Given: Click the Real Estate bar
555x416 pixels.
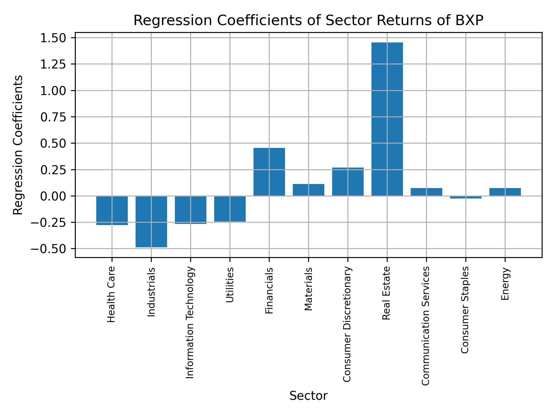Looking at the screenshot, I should (x=387, y=119).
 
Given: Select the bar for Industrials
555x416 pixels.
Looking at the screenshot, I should (x=151, y=222).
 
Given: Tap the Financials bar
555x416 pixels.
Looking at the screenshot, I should (x=269, y=172).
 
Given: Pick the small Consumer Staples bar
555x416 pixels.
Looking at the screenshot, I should (x=466, y=197).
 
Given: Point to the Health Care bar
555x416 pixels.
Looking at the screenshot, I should (x=112, y=210).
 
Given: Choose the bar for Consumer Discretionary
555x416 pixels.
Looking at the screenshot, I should (x=348, y=182).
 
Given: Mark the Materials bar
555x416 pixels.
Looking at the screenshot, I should (x=308, y=190).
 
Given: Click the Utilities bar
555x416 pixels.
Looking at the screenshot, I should (x=230, y=209).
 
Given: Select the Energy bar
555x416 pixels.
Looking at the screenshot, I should (x=505, y=192).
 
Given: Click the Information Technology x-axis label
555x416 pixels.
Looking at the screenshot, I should (x=190, y=322).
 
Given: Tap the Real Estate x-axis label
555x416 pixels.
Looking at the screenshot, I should (x=386, y=293).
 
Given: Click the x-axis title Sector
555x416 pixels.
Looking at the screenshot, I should (x=308, y=396).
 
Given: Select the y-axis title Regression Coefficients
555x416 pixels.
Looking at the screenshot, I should (x=18, y=145).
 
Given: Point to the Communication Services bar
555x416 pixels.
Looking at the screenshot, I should (x=426, y=192).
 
